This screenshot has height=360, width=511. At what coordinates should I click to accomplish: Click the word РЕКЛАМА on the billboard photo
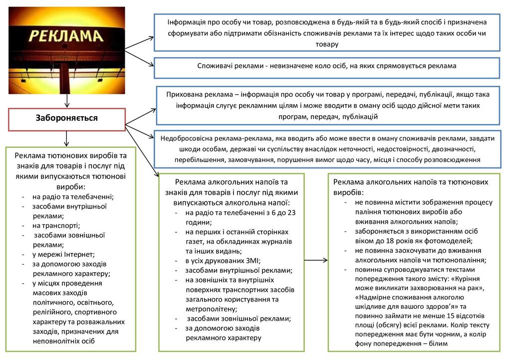(x=66, y=35)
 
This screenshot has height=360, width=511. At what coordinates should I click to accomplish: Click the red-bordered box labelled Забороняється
(x=66, y=118)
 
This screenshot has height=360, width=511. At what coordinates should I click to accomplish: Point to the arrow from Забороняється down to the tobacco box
(x=66, y=138)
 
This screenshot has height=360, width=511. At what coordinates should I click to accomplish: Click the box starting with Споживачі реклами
(x=326, y=66)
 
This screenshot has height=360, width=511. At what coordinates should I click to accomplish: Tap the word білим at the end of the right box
(x=437, y=344)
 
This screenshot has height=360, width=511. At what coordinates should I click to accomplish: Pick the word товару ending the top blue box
(x=326, y=44)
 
